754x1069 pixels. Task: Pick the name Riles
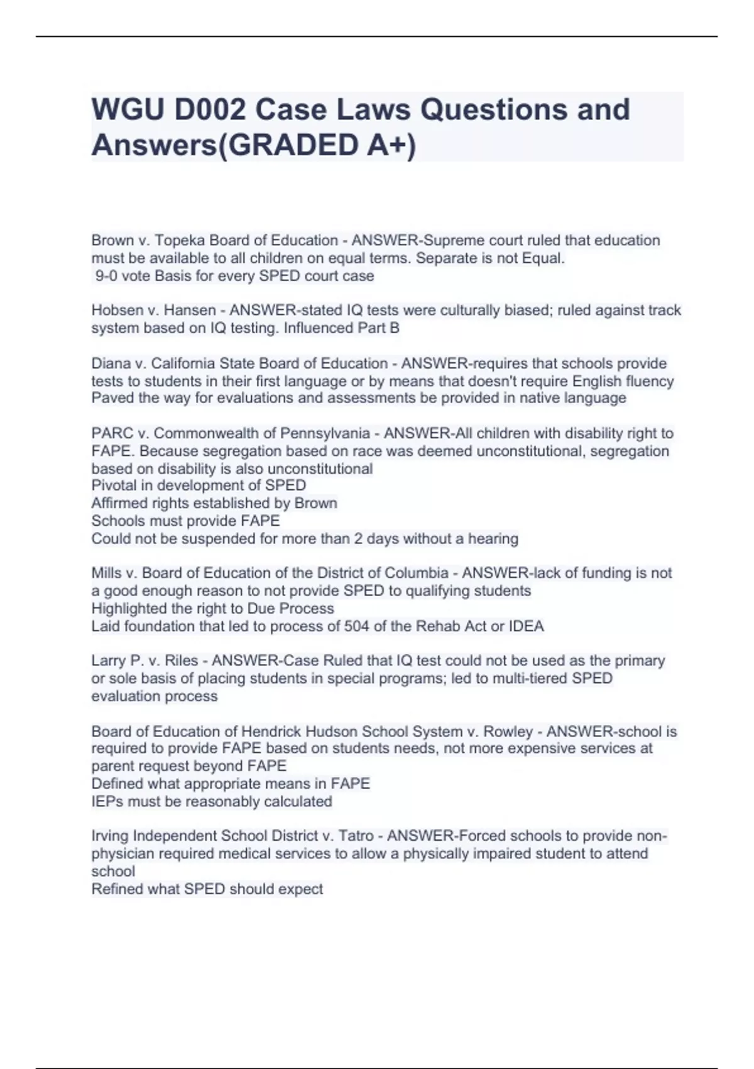coord(181,661)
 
